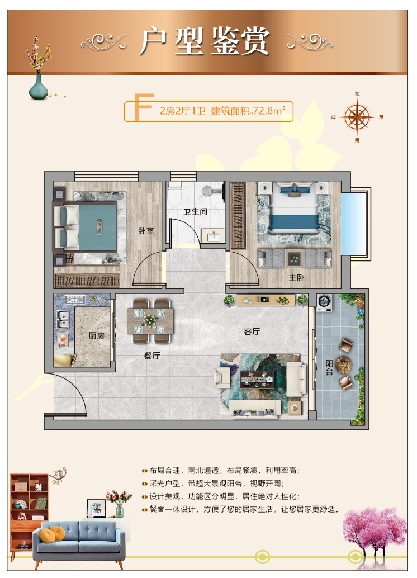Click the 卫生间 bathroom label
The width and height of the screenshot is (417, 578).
(196, 212)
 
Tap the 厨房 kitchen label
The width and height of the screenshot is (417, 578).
(96, 335)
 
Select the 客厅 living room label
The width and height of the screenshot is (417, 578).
(252, 331)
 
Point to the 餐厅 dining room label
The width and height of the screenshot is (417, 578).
(152, 356)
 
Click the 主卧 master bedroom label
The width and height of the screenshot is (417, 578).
(296, 278)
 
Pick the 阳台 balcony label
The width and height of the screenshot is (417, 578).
(329, 367)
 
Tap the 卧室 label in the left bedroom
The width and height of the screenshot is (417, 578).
(146, 231)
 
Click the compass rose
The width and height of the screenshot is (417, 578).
(357, 117)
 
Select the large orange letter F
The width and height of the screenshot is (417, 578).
(143, 107)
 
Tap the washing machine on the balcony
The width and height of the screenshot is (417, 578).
(324, 302)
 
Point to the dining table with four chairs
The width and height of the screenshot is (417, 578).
(151, 321)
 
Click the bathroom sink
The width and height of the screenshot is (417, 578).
(214, 236)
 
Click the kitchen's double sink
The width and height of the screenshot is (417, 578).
(63, 319)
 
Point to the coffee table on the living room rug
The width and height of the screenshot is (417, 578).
(258, 380)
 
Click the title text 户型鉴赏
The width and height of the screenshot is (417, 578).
(205, 41)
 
